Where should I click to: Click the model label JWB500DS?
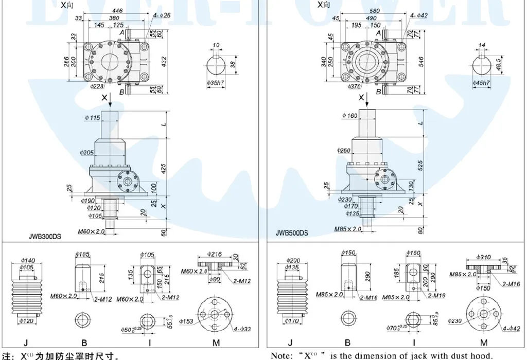(292, 232)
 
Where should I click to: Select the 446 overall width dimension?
(117, 10)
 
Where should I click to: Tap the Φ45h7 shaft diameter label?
(482, 82)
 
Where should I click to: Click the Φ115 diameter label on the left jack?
(92, 118)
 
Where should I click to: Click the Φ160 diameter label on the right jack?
(349, 116)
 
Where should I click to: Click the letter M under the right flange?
(483, 342)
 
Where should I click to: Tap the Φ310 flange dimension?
(483, 256)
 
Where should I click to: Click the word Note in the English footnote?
(282, 355)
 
